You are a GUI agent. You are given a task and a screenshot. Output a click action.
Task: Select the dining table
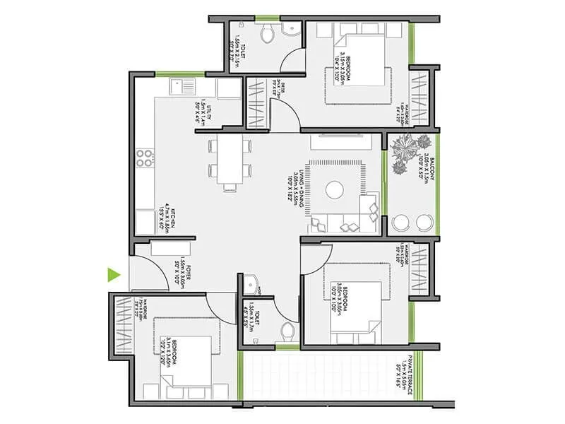(x=229, y=163)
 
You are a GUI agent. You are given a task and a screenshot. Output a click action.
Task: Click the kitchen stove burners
(x=145, y=157)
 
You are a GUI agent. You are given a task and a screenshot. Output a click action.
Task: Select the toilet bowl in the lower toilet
(x=287, y=330)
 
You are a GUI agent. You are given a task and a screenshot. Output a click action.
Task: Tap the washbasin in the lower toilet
(x=253, y=283)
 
